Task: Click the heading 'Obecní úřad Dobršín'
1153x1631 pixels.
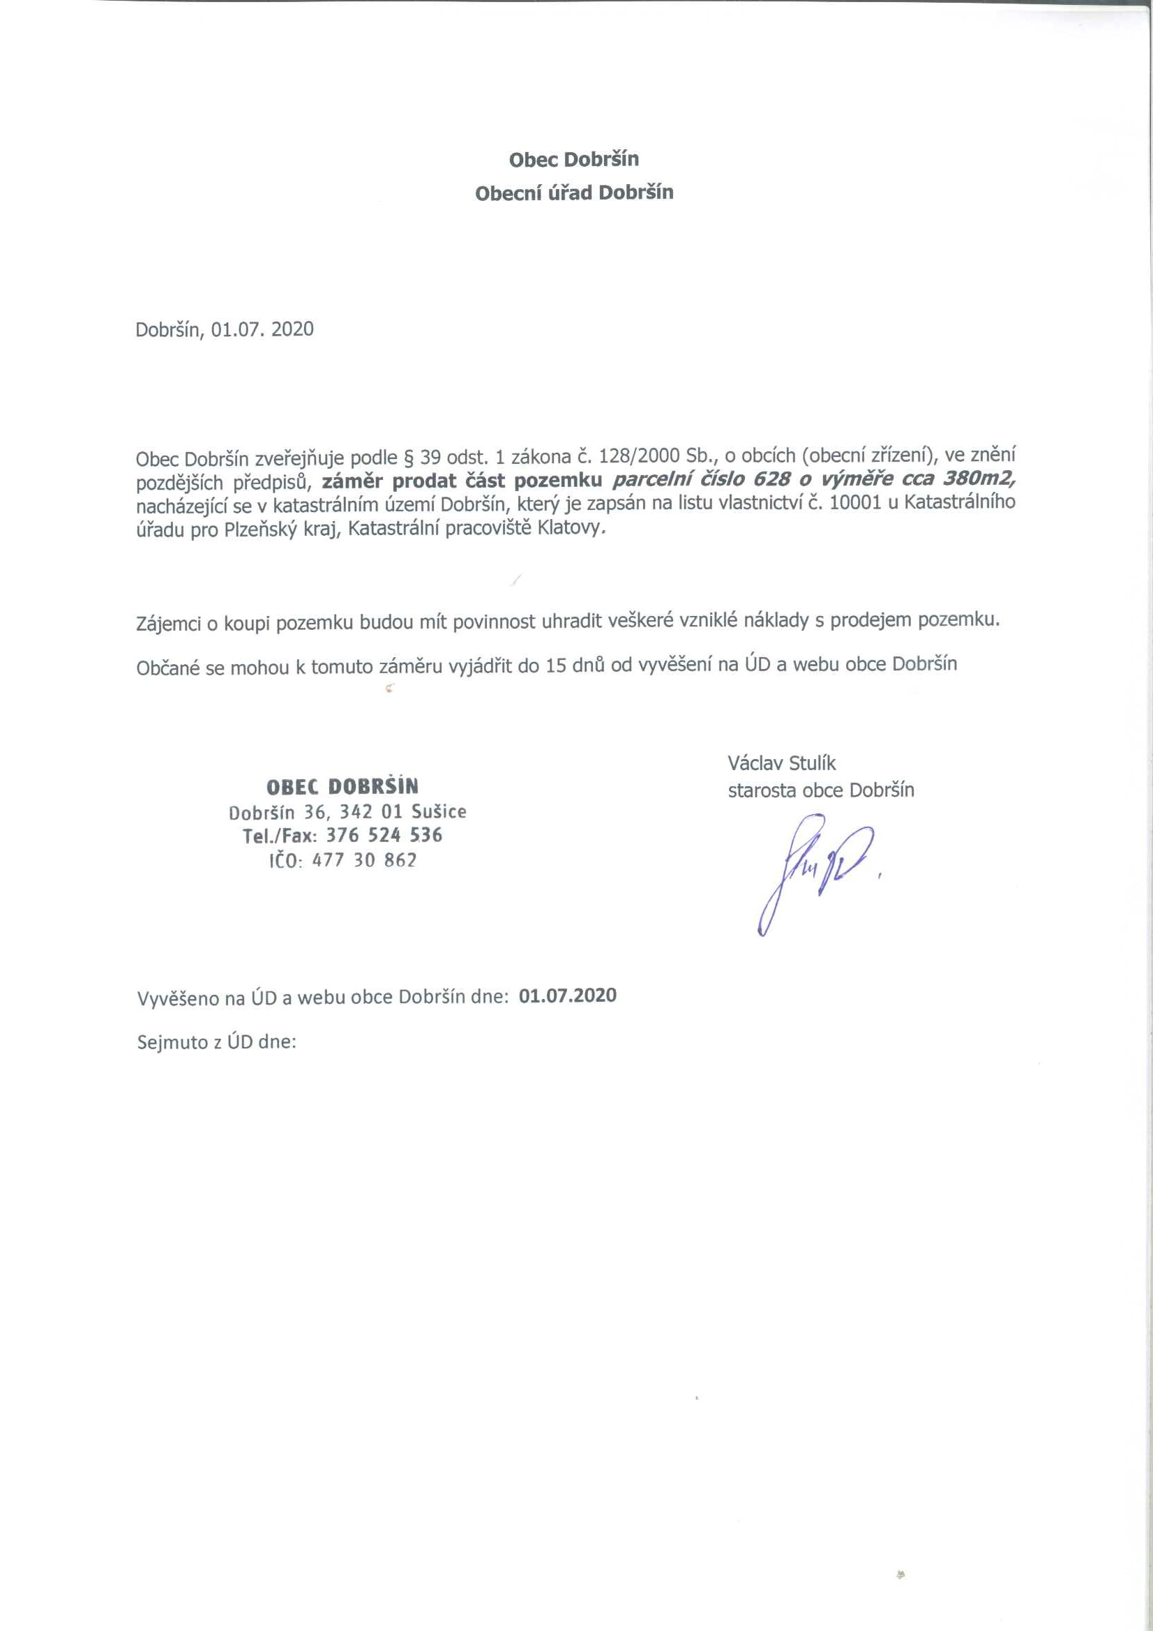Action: pyautogui.click(x=574, y=193)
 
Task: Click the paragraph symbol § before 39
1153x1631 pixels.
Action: pyautogui.click(x=408, y=456)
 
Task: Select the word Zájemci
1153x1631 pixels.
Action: pyautogui.click(x=168, y=623)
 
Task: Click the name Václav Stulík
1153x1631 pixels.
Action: pyautogui.click(x=781, y=763)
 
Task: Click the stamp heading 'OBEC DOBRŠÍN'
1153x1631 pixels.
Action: pyautogui.click(x=342, y=786)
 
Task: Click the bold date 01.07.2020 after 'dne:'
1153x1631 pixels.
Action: pyautogui.click(x=568, y=995)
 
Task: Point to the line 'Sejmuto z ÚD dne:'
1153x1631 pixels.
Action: pyautogui.click(x=216, y=1042)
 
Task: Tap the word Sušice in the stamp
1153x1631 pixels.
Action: pyautogui.click(x=439, y=811)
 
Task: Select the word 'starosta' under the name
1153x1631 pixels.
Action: pyautogui.click(x=761, y=790)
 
